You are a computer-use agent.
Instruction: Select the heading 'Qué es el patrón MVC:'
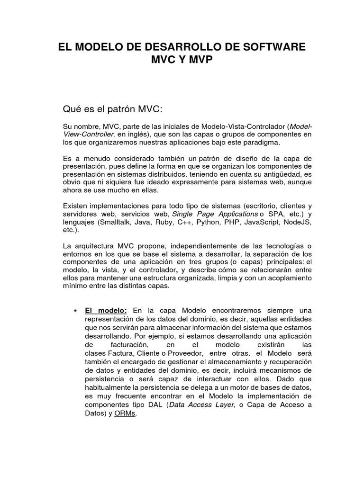pyautogui.click(x=113, y=110)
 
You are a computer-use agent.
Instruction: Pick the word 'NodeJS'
pyautogui.click(x=298, y=222)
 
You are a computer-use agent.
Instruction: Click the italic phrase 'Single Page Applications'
pyautogui.click(x=211, y=214)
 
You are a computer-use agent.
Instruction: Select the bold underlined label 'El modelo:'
pyautogui.click(x=106, y=311)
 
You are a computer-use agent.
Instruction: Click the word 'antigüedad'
pyautogui.click(x=275, y=174)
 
